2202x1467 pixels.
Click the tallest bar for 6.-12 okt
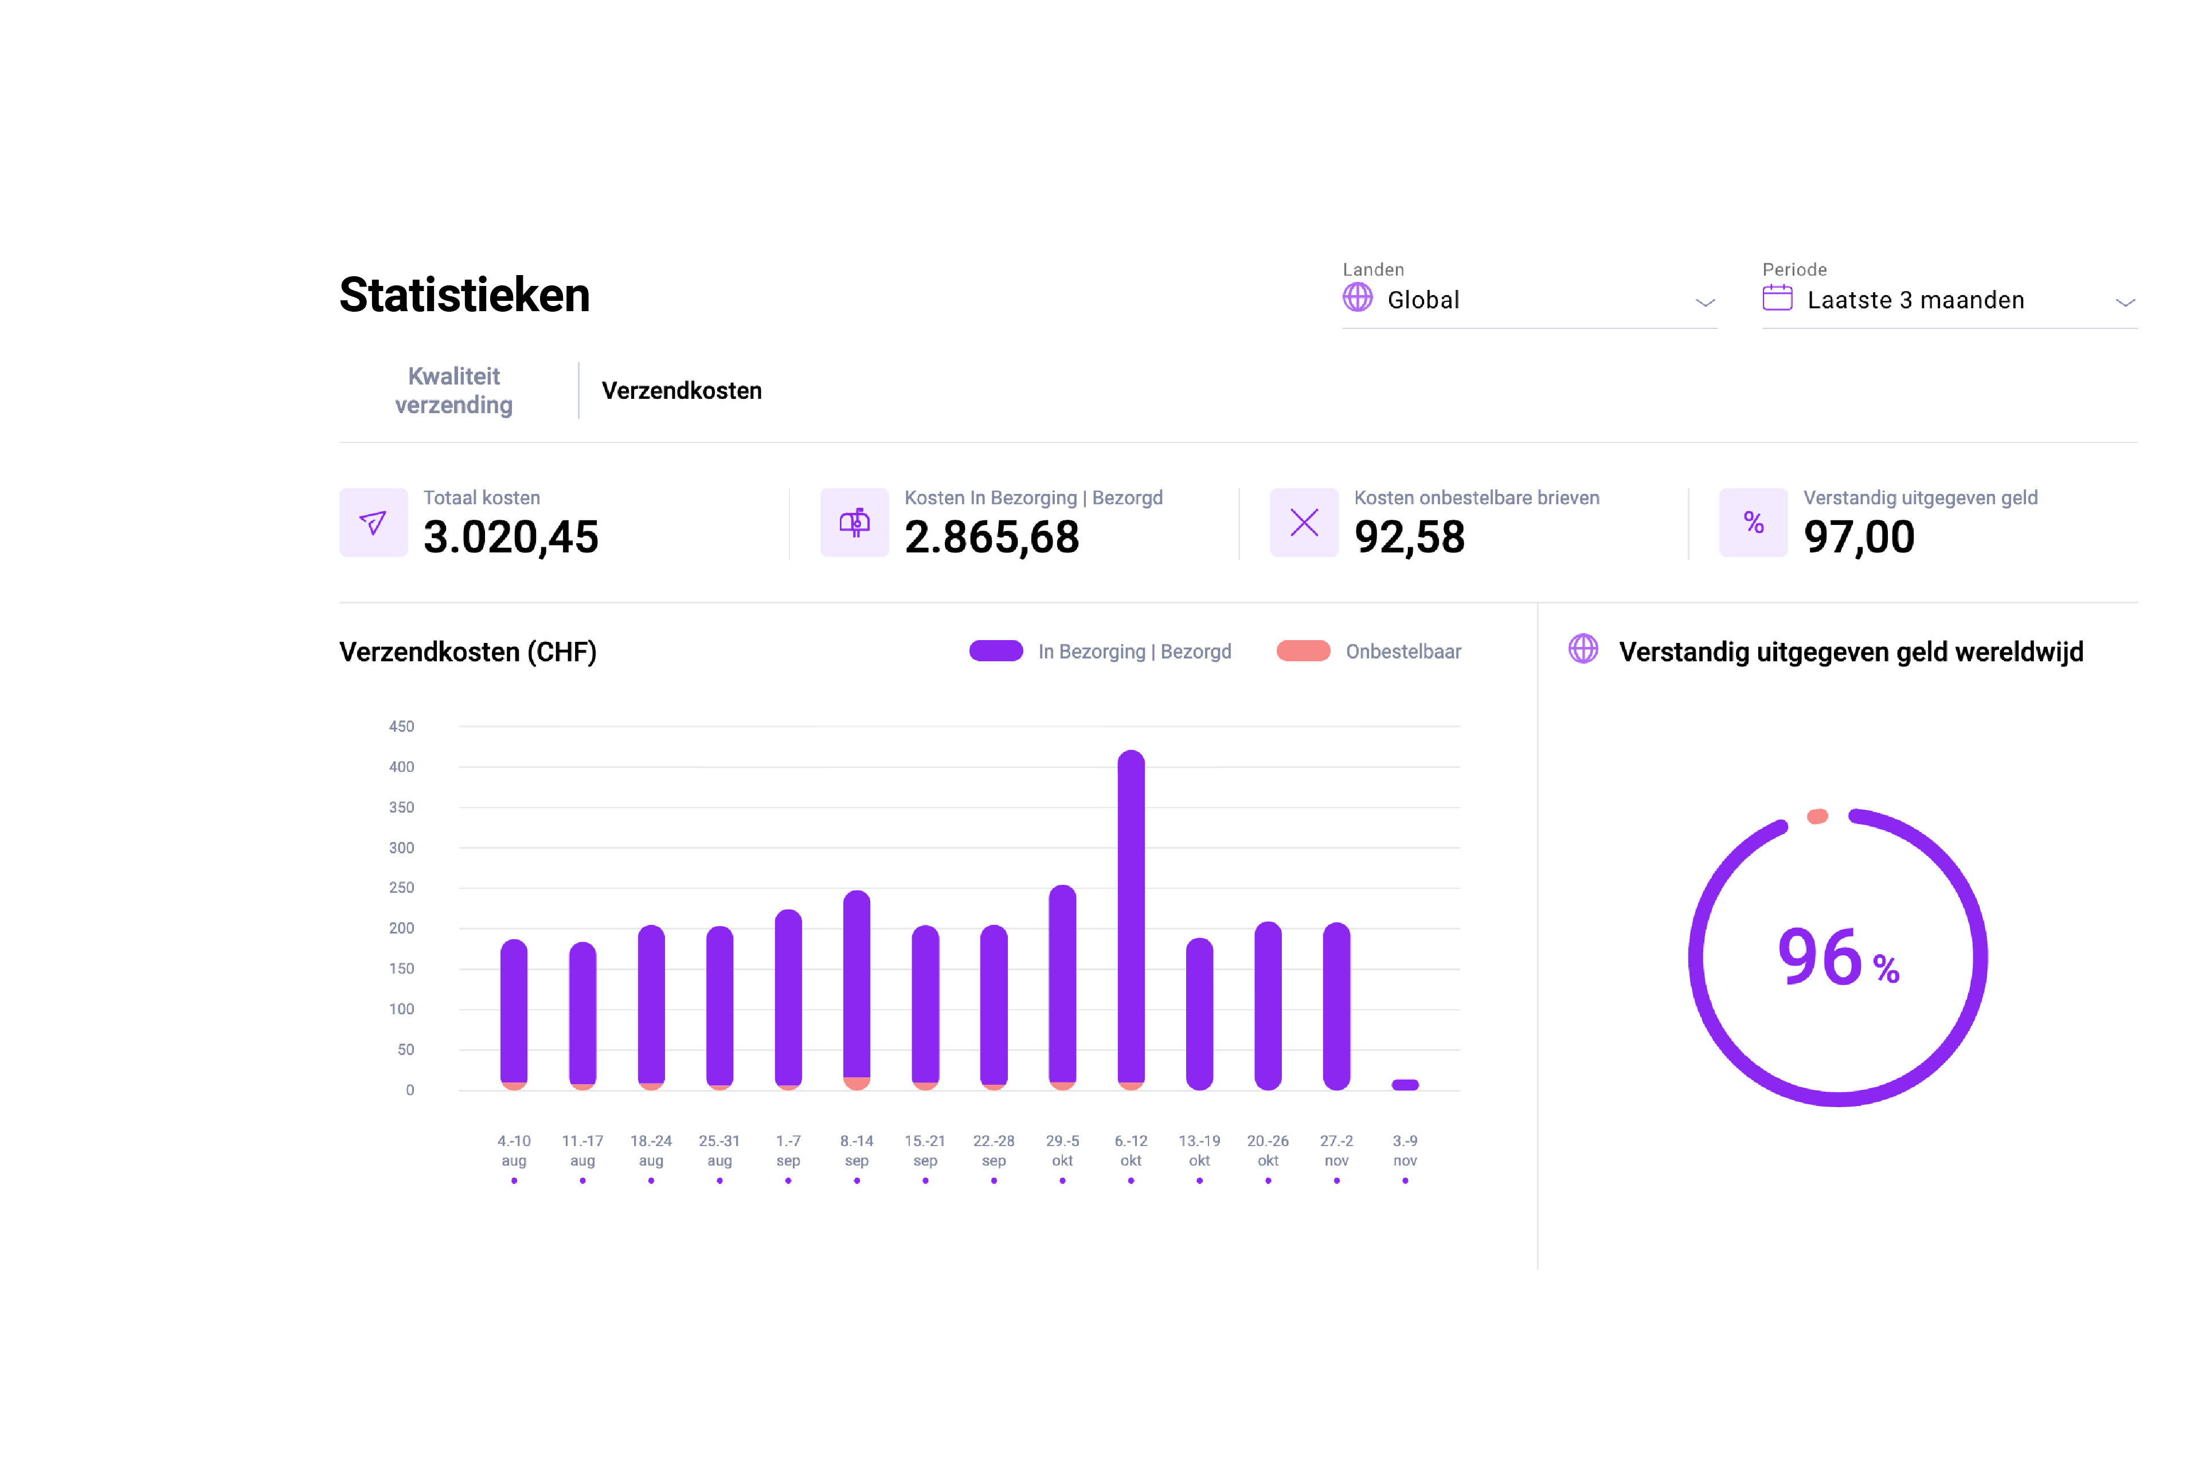click(1131, 917)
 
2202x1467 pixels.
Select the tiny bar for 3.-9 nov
click(1405, 1084)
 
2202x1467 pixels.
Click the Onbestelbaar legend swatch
click(1303, 651)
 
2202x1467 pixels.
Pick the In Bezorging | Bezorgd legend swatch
click(996, 651)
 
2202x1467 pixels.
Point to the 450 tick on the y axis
click(401, 726)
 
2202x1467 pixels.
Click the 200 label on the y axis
click(401, 928)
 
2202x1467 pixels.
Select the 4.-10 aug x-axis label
click(514, 1150)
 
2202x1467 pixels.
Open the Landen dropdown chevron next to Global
click(1704, 302)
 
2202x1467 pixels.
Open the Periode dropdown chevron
click(2125, 302)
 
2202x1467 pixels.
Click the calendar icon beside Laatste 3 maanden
click(1776, 299)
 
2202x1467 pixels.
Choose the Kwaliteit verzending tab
click(454, 390)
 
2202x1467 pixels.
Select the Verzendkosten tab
click(681, 390)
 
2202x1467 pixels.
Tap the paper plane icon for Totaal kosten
click(373, 522)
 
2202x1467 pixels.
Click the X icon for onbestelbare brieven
click(1304, 522)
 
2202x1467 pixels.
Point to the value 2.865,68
click(991, 537)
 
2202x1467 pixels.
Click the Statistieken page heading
click(464, 295)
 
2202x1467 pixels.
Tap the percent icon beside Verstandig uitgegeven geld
click(1753, 522)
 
